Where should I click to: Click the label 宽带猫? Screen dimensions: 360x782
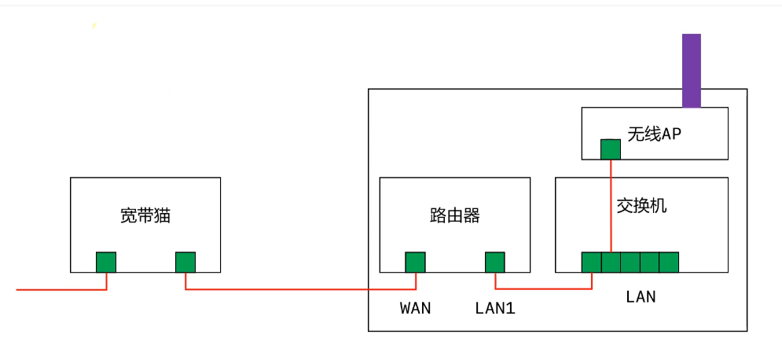145,215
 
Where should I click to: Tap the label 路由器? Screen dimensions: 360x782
454,215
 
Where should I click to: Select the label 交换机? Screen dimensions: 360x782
641,206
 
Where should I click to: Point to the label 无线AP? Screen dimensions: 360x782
654,134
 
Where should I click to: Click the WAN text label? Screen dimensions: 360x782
416,308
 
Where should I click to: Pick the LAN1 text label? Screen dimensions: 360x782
495,308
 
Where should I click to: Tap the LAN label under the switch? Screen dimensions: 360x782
641,297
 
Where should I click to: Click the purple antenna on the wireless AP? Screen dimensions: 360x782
691,70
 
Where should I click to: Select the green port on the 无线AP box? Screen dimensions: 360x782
611,149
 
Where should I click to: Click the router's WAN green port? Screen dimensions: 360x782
415,262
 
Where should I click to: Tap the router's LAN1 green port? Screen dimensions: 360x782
494,262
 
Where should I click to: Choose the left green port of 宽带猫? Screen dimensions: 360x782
106,262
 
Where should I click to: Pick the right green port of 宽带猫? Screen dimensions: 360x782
185,262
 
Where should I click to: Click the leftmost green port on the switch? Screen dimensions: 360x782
592,262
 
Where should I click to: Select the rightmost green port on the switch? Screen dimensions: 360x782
669,262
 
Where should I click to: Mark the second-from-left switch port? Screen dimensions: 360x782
611,262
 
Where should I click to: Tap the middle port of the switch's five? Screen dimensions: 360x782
630,262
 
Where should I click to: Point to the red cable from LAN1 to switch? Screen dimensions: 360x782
542,288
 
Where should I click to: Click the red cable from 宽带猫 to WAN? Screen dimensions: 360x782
299,289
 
